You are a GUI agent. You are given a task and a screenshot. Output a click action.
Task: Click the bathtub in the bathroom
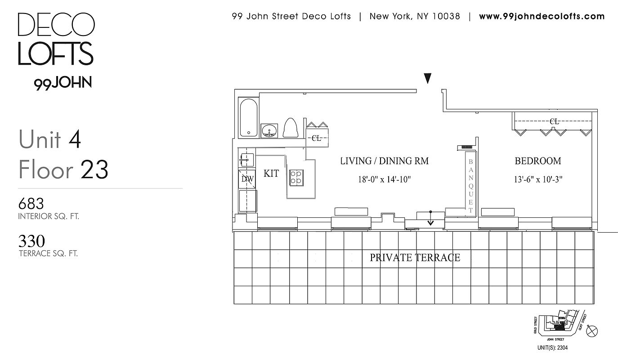pyautogui.click(x=248, y=117)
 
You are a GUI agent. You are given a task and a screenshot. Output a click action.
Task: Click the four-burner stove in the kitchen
pyautogui.click(x=296, y=177)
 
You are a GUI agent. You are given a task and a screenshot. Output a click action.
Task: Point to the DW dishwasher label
pyautogui.click(x=247, y=179)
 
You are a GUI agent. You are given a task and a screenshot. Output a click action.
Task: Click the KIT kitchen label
pyautogui.click(x=271, y=174)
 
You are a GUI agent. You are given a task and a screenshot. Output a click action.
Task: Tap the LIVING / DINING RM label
pyautogui.click(x=384, y=161)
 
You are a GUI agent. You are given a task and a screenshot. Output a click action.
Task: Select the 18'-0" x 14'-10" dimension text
pyautogui.click(x=385, y=180)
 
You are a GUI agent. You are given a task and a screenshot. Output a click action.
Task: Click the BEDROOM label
pyautogui.click(x=537, y=161)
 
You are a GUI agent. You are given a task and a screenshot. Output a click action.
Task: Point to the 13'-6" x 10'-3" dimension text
pyautogui.click(x=538, y=180)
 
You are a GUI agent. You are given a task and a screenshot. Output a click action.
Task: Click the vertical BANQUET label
pyautogui.click(x=471, y=186)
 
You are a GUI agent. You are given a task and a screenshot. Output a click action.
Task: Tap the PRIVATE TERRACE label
pyautogui.click(x=415, y=258)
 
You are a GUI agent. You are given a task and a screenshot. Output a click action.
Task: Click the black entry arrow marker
pyautogui.click(x=428, y=79)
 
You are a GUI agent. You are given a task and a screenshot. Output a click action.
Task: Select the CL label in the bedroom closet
pyautogui.click(x=554, y=121)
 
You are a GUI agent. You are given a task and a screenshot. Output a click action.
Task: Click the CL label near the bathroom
pyautogui.click(x=317, y=139)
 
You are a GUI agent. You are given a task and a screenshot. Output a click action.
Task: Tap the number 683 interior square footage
pyautogui.click(x=31, y=204)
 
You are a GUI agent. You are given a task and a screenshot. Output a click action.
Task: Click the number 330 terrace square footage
pyautogui.click(x=31, y=242)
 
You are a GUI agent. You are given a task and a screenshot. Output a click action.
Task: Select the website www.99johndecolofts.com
pyautogui.click(x=542, y=17)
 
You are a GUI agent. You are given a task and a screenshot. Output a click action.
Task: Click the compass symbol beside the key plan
pyautogui.click(x=593, y=331)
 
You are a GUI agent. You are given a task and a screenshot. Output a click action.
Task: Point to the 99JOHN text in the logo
pyautogui.click(x=63, y=83)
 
